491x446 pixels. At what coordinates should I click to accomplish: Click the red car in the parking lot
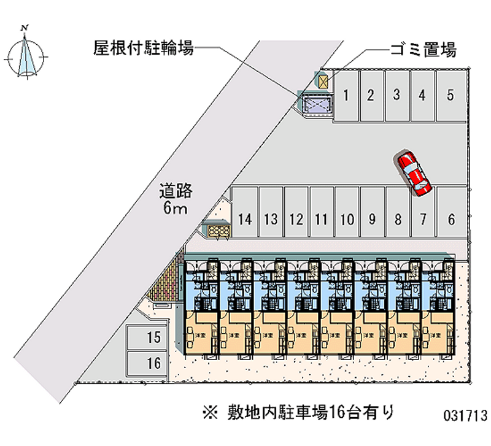coord(414,173)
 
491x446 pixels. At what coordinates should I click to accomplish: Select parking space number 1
coord(347,95)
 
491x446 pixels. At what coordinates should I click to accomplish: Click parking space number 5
coord(450,95)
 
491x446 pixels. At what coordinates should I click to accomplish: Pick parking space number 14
coord(245,219)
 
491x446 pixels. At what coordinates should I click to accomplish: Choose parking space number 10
coord(347,219)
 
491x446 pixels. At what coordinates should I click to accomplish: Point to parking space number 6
coord(451,219)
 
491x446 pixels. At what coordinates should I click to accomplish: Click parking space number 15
coord(153,337)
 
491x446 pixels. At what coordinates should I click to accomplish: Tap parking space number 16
coord(153,363)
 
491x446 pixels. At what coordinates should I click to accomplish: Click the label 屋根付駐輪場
coord(143,48)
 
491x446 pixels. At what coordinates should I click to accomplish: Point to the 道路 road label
coord(176,191)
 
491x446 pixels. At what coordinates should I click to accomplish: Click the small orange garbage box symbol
coord(323,80)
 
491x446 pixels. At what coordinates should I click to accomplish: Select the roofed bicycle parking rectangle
coord(317,105)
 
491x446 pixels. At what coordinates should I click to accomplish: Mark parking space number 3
coord(397,95)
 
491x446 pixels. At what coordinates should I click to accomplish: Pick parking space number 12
coord(296,219)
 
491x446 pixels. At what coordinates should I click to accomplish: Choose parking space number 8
coord(398,219)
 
